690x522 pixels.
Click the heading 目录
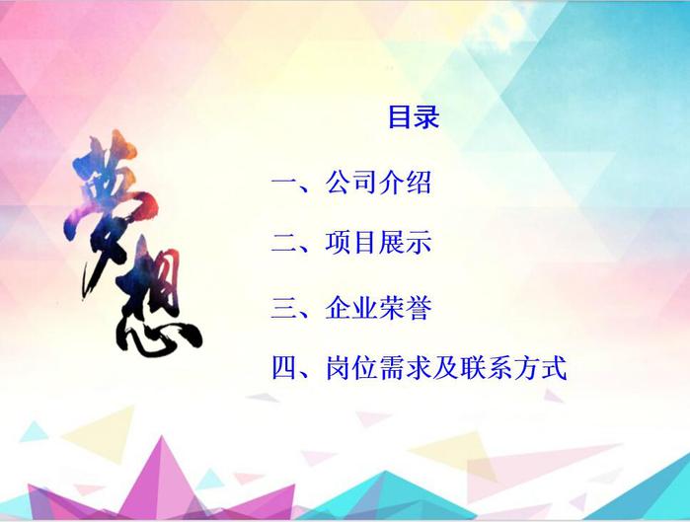point(414,116)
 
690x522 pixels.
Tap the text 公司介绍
point(378,182)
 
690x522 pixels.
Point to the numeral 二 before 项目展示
point(284,243)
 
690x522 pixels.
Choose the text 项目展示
point(378,242)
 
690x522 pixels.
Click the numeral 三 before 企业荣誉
point(284,308)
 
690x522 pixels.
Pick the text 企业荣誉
point(378,308)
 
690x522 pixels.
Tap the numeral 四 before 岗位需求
point(284,368)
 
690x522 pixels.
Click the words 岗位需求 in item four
point(378,368)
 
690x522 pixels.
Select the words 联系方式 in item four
point(513,368)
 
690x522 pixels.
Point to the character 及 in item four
point(446,368)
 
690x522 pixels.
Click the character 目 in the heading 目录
point(400,116)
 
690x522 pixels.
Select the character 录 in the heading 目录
point(426,116)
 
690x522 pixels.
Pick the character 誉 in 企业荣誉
point(419,308)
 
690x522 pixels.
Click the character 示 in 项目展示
point(419,242)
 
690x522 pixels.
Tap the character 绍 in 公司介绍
point(419,182)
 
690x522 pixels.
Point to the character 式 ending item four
point(554,368)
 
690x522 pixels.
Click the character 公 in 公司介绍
point(338,182)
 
